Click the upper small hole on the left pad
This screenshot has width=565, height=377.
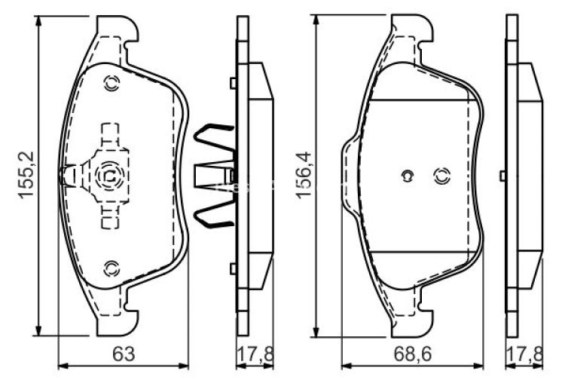(112, 84)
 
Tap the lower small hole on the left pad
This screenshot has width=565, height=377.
(112, 266)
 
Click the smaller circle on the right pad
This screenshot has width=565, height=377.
(406, 176)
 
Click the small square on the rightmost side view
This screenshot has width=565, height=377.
(502, 176)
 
